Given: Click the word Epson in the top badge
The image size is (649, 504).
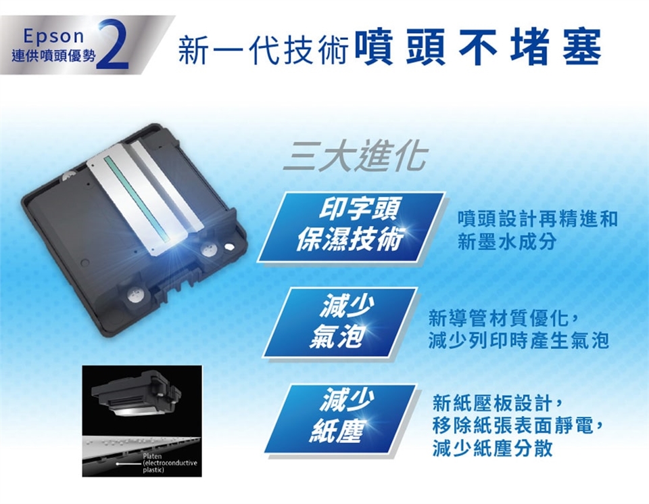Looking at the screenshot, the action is click(x=54, y=36).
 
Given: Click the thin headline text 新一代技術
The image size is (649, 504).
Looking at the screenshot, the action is click(x=262, y=49).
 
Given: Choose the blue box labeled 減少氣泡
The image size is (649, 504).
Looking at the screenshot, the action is click(x=339, y=323).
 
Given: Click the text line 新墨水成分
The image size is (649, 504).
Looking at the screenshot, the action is click(x=506, y=242).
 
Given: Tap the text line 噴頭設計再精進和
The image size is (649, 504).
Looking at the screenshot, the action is click(x=537, y=219).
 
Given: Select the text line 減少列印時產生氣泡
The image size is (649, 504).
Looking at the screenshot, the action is click(x=519, y=341).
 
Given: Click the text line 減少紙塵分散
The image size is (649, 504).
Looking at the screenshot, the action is click(x=493, y=448).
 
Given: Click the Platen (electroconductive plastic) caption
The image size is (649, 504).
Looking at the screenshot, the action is click(x=170, y=463).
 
